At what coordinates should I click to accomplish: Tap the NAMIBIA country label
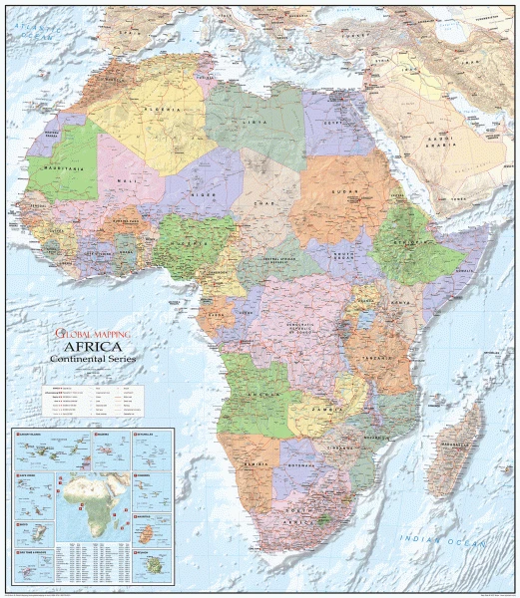259,465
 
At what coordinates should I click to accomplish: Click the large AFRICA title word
89,347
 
